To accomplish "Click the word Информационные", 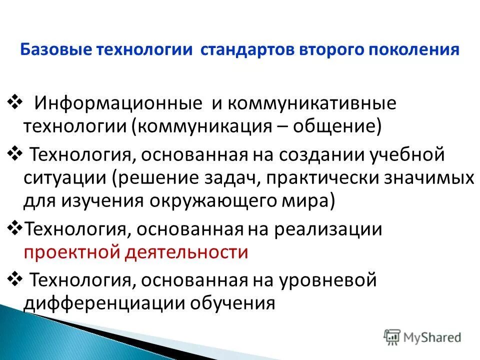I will [117, 104].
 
